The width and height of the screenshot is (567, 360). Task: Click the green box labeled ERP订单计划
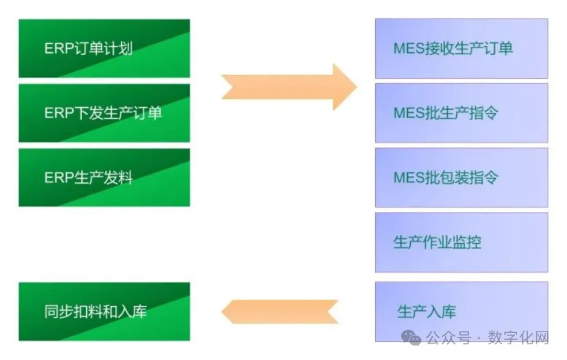104,49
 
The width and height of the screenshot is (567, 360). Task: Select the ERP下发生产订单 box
104,113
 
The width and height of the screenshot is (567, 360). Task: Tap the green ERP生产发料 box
104,178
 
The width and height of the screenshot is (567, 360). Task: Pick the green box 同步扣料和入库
104,311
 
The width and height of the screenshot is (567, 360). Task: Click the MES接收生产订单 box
461,49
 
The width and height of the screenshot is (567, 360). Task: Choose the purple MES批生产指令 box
461,113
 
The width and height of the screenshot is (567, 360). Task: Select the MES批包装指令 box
461,177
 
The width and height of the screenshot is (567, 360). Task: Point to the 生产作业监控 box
461,242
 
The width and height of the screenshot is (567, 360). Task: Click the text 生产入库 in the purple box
426,312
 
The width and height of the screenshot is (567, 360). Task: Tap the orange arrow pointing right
288,87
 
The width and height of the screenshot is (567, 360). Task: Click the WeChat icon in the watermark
412,337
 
